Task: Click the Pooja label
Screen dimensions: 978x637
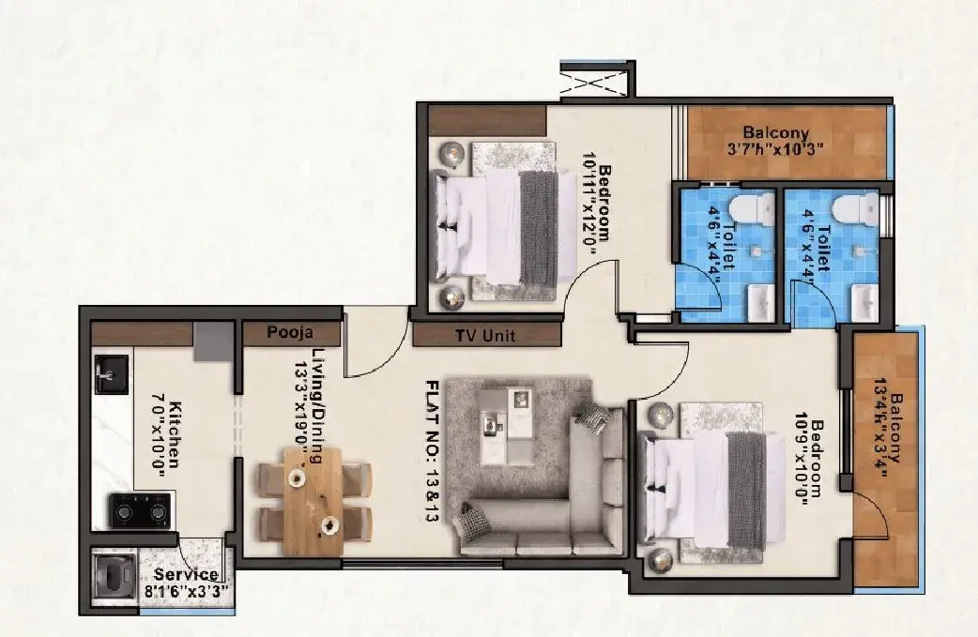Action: [x=290, y=333]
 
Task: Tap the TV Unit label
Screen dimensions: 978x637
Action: [x=485, y=336]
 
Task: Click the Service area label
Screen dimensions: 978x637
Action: [x=186, y=574]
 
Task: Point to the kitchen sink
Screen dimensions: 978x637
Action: [x=112, y=374]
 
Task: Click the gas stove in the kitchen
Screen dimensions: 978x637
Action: [x=141, y=510]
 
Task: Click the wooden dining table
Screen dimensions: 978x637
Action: [x=313, y=501]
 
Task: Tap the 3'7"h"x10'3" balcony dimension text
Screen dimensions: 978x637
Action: [x=775, y=149]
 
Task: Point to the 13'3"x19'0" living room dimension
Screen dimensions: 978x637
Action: [x=302, y=413]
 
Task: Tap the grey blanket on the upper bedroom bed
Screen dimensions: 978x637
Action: [x=539, y=226]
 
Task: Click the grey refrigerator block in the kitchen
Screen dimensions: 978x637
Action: [x=213, y=341]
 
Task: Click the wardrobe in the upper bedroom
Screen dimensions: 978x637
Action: [x=487, y=120]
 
